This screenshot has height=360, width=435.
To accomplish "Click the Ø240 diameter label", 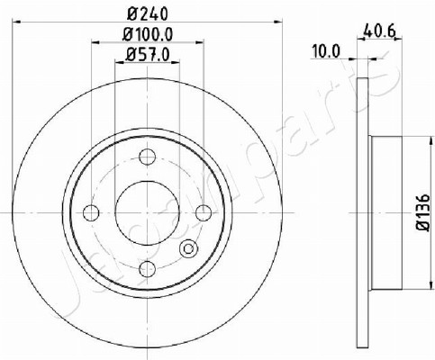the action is (147, 13).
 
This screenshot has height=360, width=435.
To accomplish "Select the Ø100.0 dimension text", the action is (148, 34).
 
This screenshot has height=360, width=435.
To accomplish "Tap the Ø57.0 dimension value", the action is (148, 55).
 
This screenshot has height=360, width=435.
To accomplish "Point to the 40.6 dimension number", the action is (378, 31).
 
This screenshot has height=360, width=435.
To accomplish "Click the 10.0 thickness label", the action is (326, 51).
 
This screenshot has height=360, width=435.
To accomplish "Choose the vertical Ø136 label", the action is (423, 212).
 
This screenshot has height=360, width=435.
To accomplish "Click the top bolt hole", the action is (148, 157).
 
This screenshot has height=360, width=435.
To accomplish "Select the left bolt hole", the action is (91, 212).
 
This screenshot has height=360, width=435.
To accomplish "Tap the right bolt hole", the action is (204, 212).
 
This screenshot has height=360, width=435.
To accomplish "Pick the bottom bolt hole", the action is (148, 269).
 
